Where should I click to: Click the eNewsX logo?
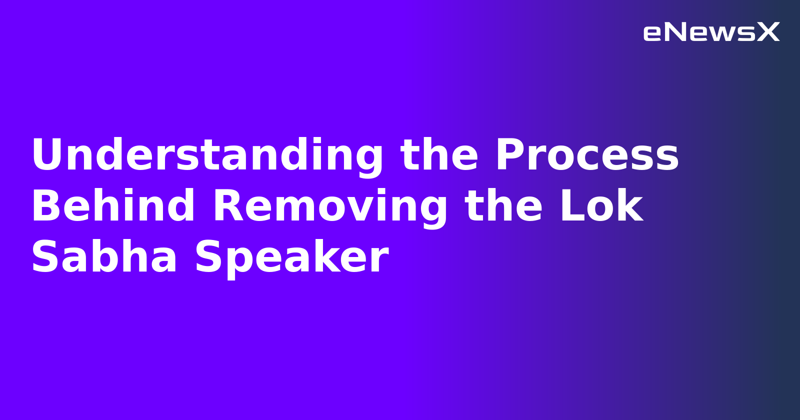[711, 32]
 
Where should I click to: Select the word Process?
[587, 155]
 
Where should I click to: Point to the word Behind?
[113, 206]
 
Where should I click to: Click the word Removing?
[330, 206]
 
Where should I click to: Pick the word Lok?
[601, 206]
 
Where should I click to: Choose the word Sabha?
[104, 257]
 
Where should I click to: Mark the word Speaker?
[291, 257]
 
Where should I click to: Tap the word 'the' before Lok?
[503, 206]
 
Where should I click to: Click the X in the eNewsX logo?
[768, 32]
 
